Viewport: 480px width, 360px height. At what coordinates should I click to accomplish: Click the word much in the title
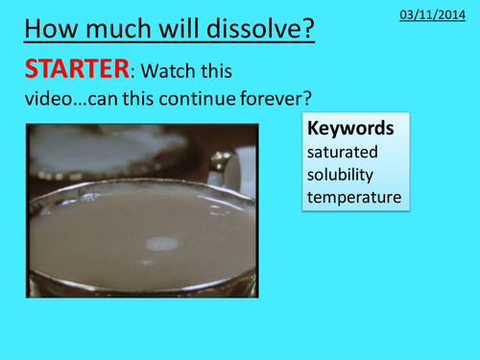coord(119,28)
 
